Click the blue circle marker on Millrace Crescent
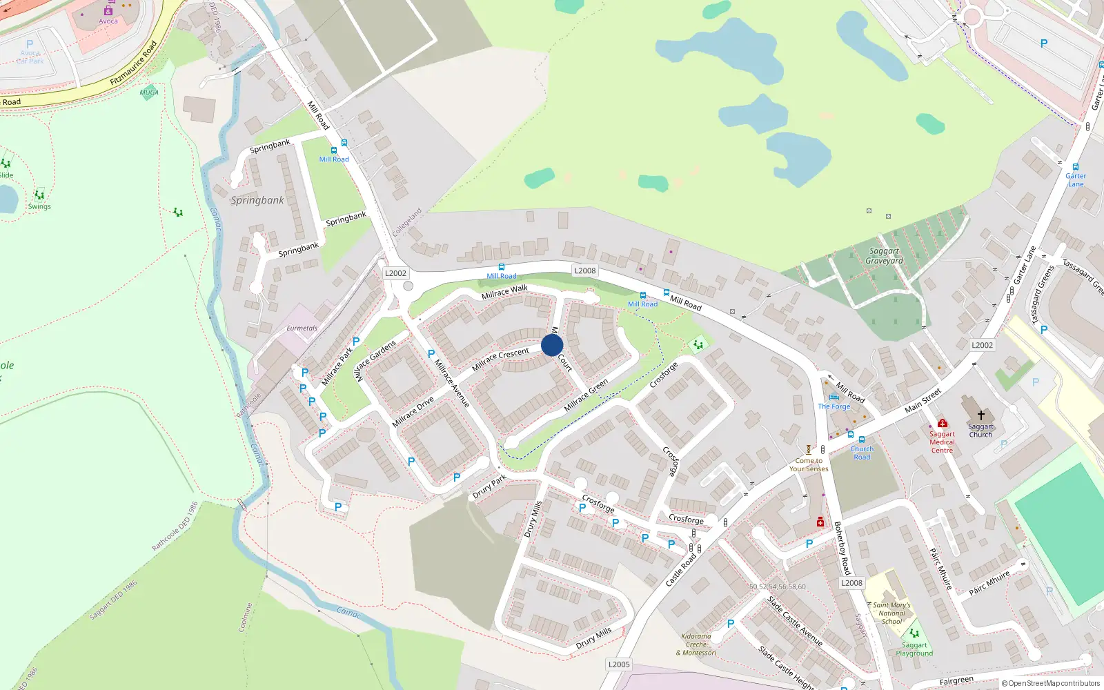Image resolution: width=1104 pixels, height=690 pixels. click(552, 345)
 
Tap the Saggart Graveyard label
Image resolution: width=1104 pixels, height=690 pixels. click(884, 256)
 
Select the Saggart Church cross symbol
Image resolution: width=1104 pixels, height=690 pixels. click(980, 415)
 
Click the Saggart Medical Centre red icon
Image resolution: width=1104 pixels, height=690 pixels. click(942, 423)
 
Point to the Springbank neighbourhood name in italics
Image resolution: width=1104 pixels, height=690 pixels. click(257, 200)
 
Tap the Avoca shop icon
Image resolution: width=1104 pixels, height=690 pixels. click(108, 10)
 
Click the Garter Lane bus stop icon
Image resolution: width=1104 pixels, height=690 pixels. click(1075, 167)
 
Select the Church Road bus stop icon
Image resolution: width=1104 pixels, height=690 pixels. click(862, 440)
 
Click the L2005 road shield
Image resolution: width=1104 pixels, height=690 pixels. click(619, 664)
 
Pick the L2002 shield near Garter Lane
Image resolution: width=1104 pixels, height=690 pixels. click(982, 345)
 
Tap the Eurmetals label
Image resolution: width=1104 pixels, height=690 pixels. click(302, 328)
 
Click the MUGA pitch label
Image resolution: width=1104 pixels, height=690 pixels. click(149, 92)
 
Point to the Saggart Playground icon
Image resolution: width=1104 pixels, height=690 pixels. click(914, 633)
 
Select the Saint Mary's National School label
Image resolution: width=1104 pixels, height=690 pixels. click(891, 613)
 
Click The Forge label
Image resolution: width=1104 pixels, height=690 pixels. click(834, 406)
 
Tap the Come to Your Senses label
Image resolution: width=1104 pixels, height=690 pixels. click(809, 464)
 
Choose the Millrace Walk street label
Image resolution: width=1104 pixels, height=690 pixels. click(504, 292)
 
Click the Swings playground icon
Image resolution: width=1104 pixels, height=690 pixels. click(39, 195)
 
